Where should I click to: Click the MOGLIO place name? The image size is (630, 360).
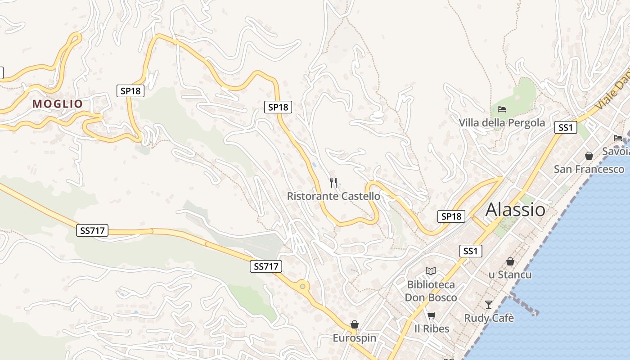click(58, 104)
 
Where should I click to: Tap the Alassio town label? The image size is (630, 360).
click(515, 210)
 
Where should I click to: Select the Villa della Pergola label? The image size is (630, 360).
click(502, 123)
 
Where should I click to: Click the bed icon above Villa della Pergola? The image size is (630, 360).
click(502, 109)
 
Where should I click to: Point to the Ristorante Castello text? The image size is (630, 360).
click(333, 196)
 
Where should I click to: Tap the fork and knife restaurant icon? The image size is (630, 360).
click(333, 182)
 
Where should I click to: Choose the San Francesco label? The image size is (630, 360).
click(589, 169)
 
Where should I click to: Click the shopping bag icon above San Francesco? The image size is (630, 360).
click(589, 156)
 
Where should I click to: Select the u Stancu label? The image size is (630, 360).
click(510, 274)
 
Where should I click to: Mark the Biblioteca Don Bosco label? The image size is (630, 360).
click(431, 291)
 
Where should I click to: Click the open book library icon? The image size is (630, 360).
click(431, 271)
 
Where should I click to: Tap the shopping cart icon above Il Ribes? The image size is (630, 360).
click(431, 315)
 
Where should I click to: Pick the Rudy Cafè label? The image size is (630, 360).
click(489, 318)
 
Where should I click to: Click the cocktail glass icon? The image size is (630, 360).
click(489, 305)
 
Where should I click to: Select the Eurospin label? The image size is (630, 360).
click(355, 337)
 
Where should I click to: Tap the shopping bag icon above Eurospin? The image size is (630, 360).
click(355, 324)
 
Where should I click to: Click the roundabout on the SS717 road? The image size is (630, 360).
click(302, 286)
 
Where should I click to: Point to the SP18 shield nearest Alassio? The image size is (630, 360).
click(451, 216)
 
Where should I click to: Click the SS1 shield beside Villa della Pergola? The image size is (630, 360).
click(565, 127)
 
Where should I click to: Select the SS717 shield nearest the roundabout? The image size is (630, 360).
click(266, 266)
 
